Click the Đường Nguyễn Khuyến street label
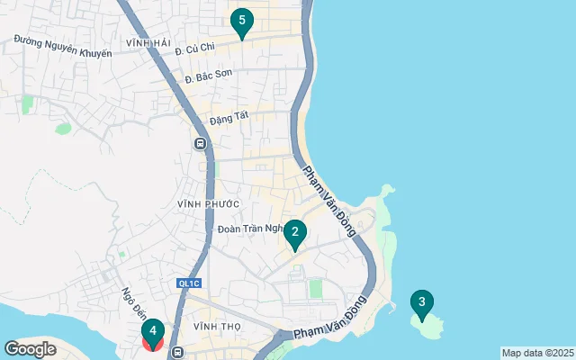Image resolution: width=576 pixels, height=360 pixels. point(62,47)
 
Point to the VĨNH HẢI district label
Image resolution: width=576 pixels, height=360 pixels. point(148,43)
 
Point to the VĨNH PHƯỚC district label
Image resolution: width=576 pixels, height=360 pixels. point(209,204)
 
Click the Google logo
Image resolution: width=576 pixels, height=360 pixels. point(31,349)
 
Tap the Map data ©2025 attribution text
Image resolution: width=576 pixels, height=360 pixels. point(537,353)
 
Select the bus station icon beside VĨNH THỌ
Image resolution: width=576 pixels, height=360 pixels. point(178,353)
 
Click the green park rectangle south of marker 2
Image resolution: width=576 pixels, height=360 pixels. point(316,288)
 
